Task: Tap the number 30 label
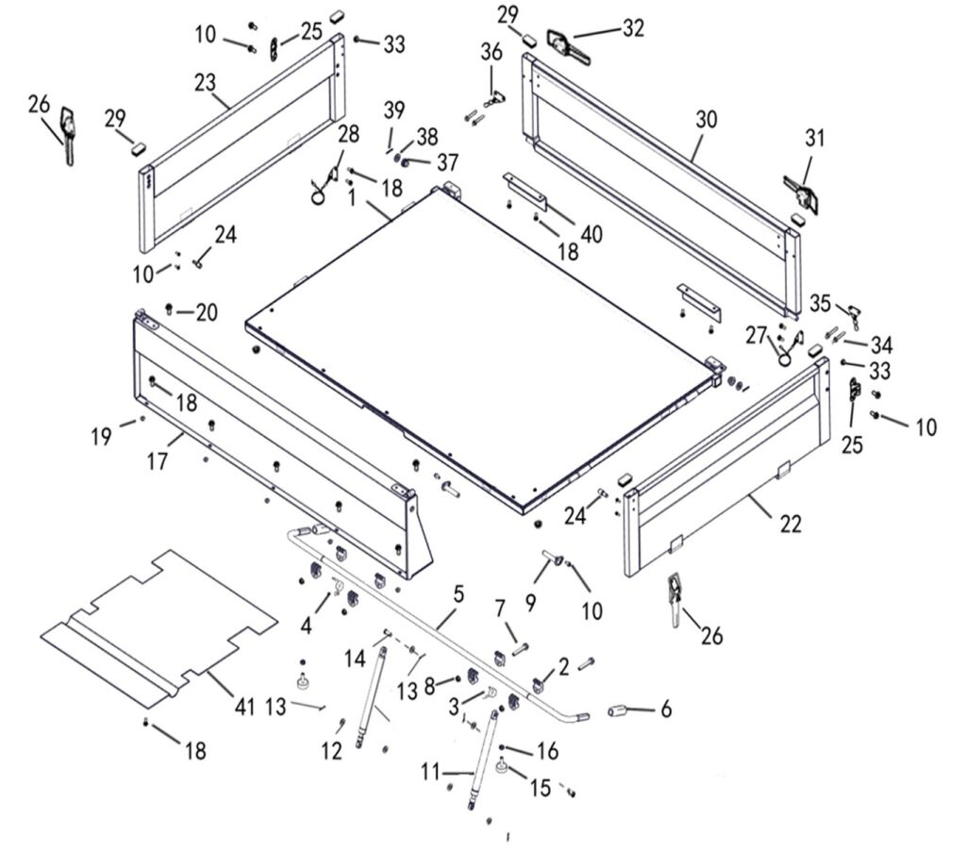[706, 120]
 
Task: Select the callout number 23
[206, 83]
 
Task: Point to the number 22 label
[790, 525]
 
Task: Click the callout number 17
[157, 462]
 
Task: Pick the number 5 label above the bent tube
[459, 594]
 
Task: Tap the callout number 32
[633, 28]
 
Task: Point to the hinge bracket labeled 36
[492, 97]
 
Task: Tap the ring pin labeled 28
[322, 189]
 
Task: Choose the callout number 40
[591, 233]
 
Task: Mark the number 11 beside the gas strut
[430, 773]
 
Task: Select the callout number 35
[821, 304]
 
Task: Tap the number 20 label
[207, 311]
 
